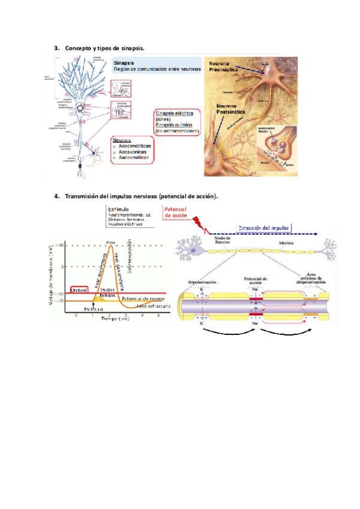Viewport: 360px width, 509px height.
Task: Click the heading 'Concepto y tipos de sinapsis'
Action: tap(104, 47)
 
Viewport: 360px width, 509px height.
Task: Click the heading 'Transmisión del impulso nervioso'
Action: tap(110, 196)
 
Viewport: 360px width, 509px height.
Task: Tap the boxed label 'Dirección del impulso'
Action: tap(265, 228)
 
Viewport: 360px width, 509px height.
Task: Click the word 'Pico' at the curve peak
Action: tap(110, 242)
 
